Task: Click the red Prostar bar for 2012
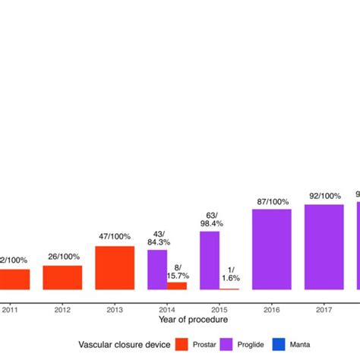coord(62,277)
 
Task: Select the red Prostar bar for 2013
coord(115,267)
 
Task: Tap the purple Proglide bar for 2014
coord(157,270)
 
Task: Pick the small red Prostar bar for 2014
coord(177,286)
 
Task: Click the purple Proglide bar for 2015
coord(210,261)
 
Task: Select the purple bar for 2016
coord(272,249)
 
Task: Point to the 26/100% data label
coord(62,257)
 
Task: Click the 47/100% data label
coord(115,237)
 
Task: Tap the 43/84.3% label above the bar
coord(158,237)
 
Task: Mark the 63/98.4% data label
coord(210,219)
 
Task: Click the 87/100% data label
coord(272,201)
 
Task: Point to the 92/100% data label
coord(324,196)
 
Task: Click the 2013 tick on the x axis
coord(115,309)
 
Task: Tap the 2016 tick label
coord(272,309)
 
